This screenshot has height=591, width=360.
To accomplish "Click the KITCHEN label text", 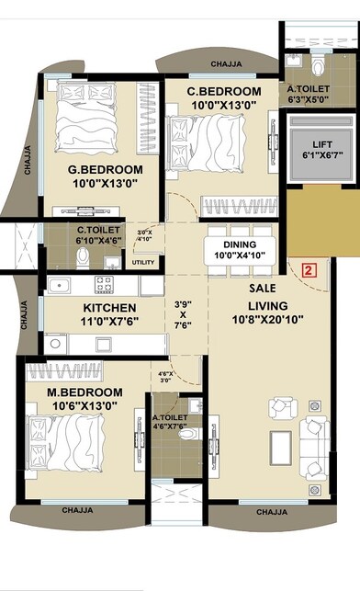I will [110, 307].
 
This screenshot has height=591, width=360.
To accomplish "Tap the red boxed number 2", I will [309, 270].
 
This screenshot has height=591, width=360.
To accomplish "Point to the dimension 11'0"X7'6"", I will [110, 323].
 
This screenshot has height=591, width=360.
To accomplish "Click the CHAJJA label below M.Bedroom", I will [81, 509].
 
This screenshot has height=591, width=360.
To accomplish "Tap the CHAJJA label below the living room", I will [275, 512].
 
